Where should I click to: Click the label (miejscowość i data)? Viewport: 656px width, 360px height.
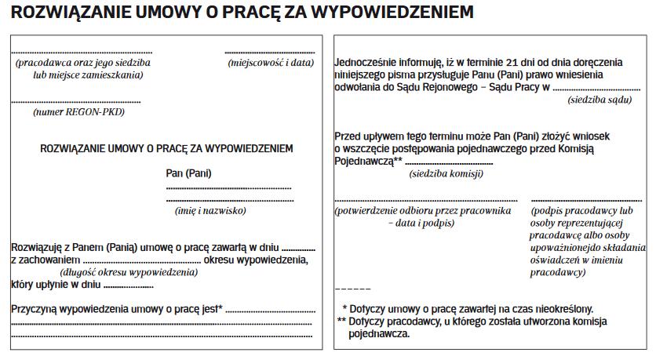[270, 62]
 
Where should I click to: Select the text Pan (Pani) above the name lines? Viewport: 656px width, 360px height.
[188, 173]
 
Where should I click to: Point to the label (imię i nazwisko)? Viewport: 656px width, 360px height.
[210, 210]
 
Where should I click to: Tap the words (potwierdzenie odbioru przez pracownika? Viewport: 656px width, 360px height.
[423, 211]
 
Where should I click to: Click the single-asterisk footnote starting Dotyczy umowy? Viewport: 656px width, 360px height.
[468, 309]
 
